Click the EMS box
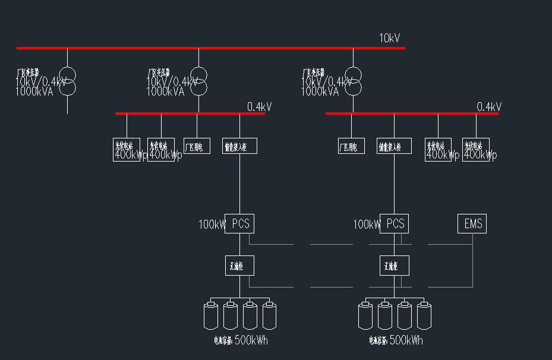click(x=472, y=224)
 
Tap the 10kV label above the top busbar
click(x=390, y=39)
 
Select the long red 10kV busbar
click(x=210, y=48)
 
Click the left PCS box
click(x=239, y=224)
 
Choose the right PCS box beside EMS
click(x=395, y=224)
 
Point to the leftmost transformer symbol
click(x=67, y=81)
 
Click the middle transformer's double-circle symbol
click(x=198, y=81)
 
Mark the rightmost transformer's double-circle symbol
click(x=353, y=81)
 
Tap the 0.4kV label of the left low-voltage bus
click(x=259, y=107)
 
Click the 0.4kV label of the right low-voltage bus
click(x=489, y=107)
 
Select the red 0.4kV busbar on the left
click(x=190, y=113)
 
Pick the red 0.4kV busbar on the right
click(x=412, y=113)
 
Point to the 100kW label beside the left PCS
click(x=212, y=225)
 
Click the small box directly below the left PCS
click(x=239, y=265)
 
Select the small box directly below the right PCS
click(x=395, y=265)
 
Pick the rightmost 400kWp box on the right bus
click(x=476, y=149)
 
